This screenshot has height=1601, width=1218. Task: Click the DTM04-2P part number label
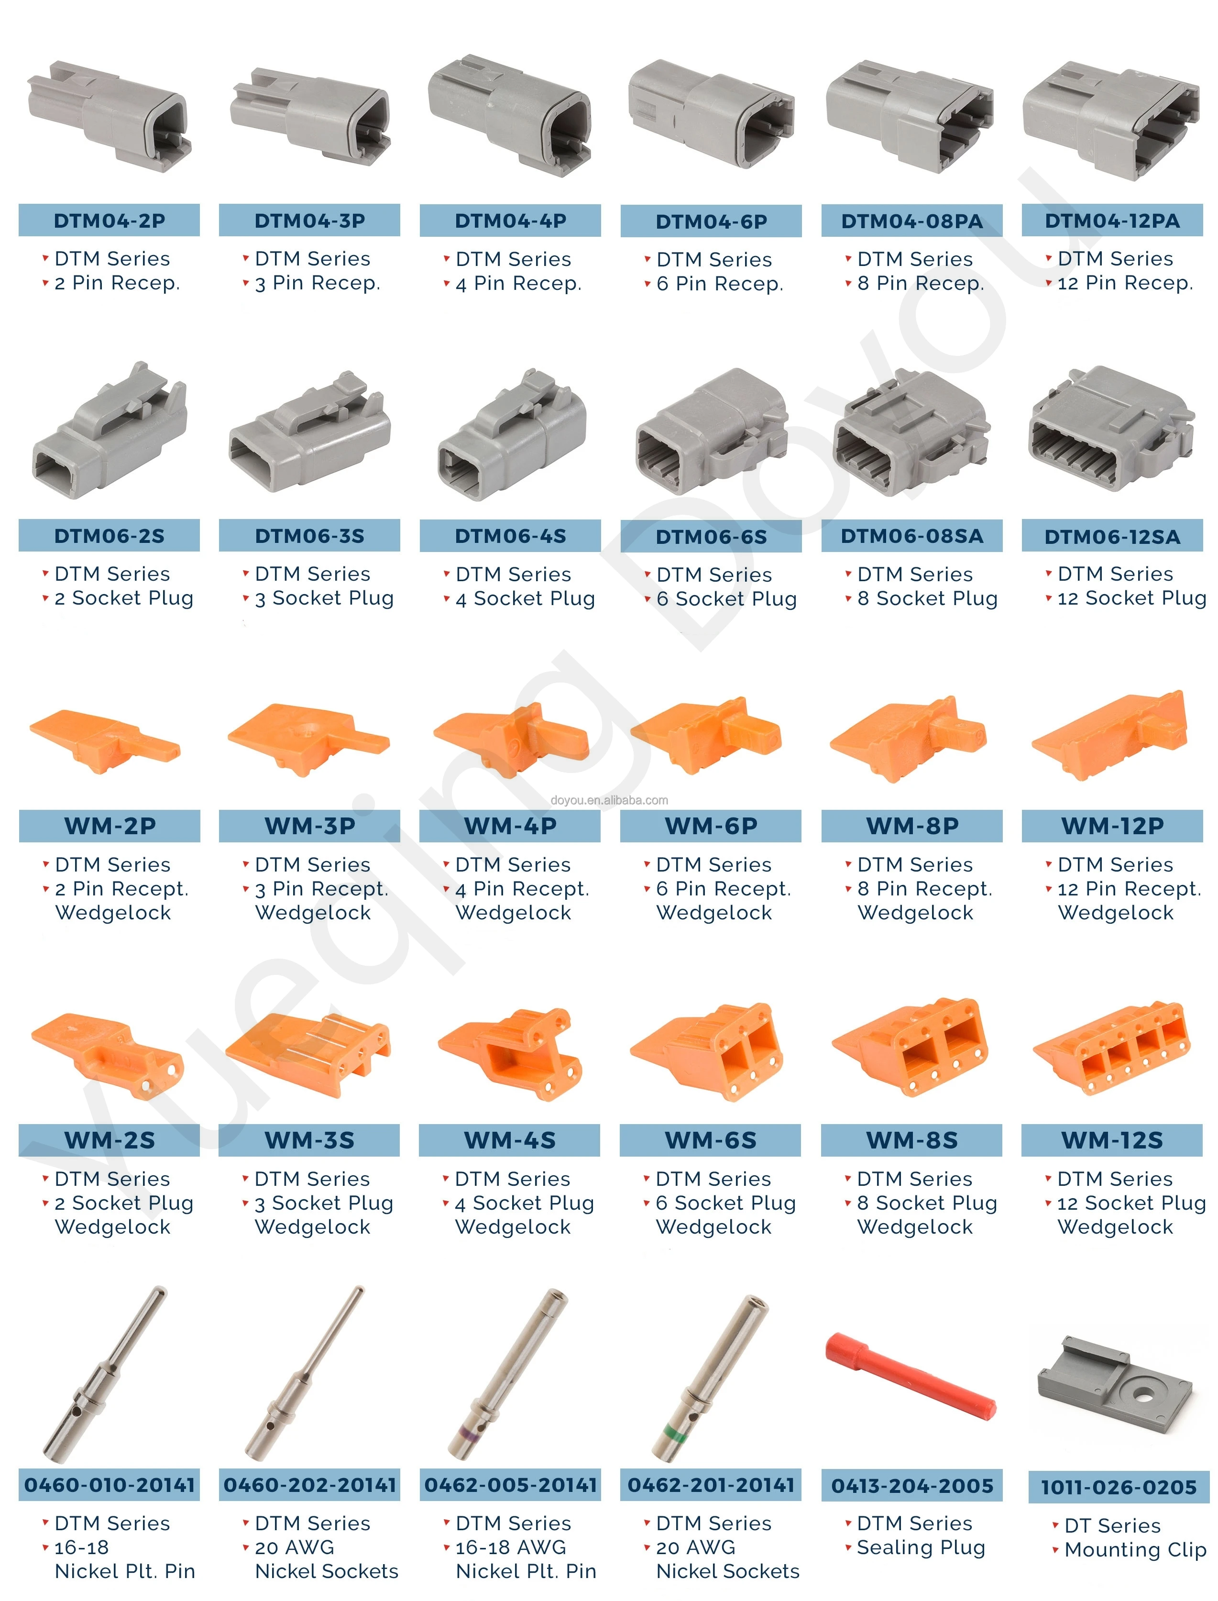[109, 221]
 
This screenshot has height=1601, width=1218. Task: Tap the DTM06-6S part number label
[711, 537]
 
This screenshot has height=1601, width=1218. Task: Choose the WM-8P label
[911, 826]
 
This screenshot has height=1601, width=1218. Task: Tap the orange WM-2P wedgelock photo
[105, 740]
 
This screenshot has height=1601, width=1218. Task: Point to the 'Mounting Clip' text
[1135, 1549]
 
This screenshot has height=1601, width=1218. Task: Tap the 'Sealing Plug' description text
[921, 1547]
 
